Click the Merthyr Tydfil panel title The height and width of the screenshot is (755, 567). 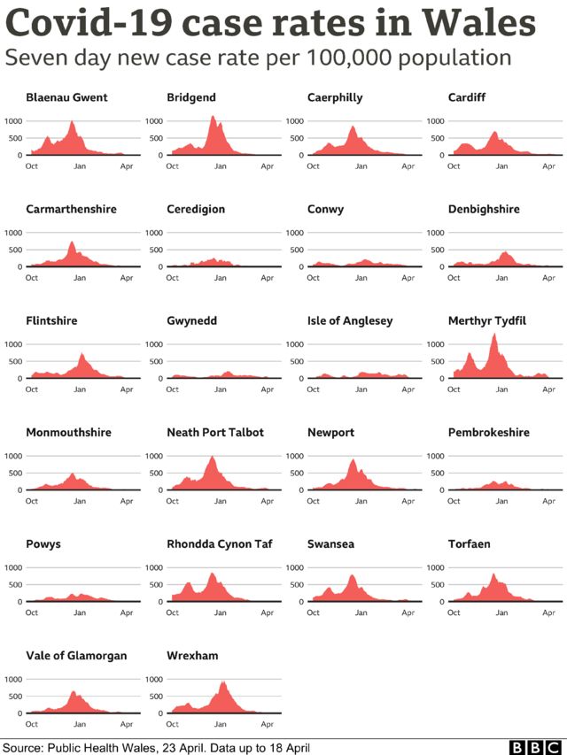(486, 320)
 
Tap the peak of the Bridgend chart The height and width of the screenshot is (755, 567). (213, 117)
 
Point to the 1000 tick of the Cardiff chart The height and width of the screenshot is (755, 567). (436, 120)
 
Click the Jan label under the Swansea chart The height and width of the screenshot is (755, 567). (361, 612)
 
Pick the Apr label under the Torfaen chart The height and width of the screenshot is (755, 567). (548, 612)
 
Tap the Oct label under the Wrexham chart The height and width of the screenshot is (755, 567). (172, 724)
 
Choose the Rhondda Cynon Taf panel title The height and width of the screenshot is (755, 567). (216, 543)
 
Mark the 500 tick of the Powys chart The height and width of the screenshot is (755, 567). (14, 584)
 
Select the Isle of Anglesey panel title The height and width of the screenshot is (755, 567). (349, 320)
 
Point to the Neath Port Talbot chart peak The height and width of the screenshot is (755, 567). (213, 457)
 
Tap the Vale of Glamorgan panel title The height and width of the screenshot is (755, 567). (76, 655)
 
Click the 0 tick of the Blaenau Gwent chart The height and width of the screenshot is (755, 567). (19, 155)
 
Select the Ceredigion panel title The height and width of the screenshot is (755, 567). (195, 209)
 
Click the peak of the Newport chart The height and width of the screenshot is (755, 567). (353, 459)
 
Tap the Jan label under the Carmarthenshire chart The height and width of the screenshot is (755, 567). (79, 278)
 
